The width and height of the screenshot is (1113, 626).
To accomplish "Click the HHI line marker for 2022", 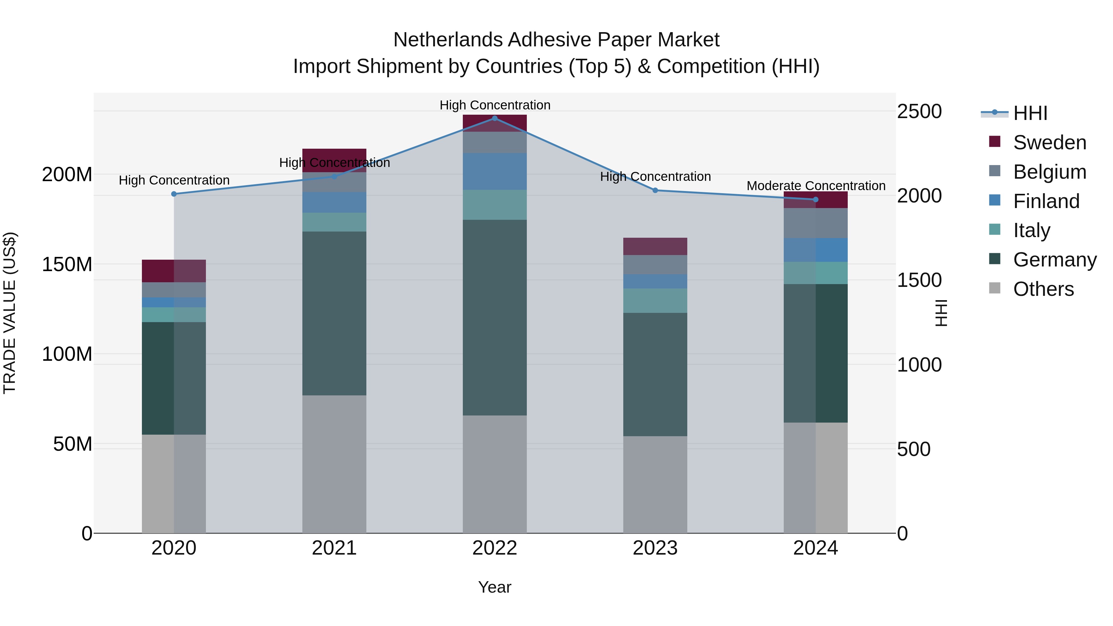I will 495,118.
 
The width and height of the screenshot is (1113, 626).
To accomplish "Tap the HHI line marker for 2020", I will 174,194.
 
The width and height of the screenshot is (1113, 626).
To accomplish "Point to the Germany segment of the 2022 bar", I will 495,317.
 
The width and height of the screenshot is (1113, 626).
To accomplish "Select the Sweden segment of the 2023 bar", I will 655,246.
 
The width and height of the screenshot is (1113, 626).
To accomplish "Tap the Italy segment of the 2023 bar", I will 655,301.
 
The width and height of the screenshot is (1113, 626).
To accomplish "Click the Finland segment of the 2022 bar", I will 495,172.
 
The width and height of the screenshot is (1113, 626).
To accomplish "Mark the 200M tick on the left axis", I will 67,175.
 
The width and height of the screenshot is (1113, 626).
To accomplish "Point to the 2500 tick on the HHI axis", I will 919,112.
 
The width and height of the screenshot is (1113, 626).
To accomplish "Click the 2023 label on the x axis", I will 655,548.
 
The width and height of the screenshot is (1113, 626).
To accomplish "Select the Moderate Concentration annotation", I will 816,186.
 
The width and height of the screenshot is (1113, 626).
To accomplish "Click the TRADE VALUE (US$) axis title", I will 10,313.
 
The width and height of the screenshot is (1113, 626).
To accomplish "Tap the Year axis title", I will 495,587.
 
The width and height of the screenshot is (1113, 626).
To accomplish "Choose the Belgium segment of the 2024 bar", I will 816,223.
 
